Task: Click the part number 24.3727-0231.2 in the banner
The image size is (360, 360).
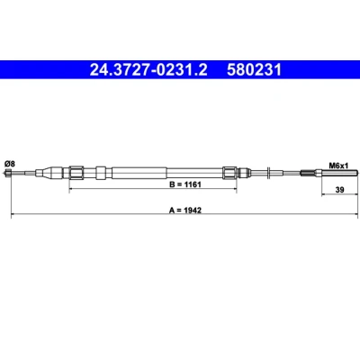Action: click(x=148, y=70)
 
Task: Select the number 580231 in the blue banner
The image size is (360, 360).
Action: click(x=254, y=70)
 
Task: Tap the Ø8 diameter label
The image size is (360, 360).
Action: click(x=10, y=164)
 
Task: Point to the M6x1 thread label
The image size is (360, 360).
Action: click(x=338, y=165)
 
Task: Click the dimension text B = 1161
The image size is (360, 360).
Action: click(x=185, y=184)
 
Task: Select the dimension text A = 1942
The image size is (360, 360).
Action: click(x=185, y=210)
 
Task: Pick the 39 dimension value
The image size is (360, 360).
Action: click(x=340, y=190)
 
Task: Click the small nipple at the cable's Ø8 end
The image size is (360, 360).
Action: click(x=8, y=173)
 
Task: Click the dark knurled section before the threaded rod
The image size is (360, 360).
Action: click(x=307, y=173)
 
